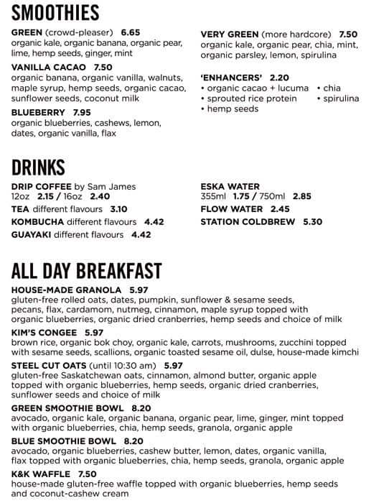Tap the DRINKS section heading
click(x=38, y=167)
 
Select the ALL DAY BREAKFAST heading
click(x=86, y=271)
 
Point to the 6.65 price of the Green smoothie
click(x=131, y=32)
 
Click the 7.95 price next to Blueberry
click(x=82, y=113)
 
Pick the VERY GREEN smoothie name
click(x=229, y=34)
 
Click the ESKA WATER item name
click(x=230, y=187)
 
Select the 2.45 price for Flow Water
click(x=280, y=210)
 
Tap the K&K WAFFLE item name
click(x=41, y=474)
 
